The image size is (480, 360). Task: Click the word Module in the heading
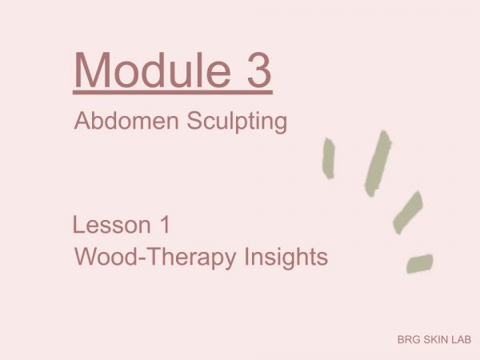pos(152,70)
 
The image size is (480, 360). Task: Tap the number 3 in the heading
pos(259,70)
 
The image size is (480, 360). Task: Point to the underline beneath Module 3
pos(173,92)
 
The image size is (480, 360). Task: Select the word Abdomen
pos(126,121)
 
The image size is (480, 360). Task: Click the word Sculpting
pos(237,122)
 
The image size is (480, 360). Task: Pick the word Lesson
pos(112,225)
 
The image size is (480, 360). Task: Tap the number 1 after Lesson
pos(165,225)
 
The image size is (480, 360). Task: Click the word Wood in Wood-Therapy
pos(107,257)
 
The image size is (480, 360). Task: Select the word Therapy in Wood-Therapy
pos(192,258)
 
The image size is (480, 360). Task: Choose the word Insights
pos(286,258)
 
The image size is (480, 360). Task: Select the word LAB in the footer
pos(461,339)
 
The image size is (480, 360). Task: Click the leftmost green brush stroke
pos(329,158)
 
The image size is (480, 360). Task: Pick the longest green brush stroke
pos(378,163)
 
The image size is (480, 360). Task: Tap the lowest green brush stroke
pos(420,263)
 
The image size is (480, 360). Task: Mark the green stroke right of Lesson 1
pos(408,213)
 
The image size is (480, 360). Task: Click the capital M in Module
pos(92,70)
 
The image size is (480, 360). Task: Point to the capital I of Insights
pos(246,256)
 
